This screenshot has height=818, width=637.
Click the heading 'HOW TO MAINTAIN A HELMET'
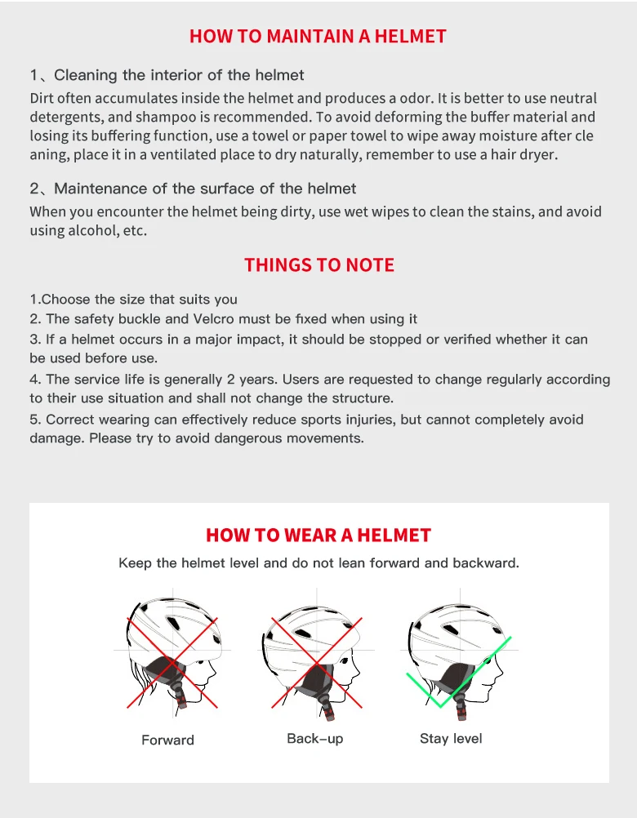click(x=318, y=36)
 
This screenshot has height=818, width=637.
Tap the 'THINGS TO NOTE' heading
click(x=319, y=265)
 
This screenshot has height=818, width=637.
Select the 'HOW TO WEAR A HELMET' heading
click(x=318, y=536)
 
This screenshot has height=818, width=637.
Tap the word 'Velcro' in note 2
click(x=214, y=318)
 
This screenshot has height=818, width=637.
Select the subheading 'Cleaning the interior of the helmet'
click(x=179, y=75)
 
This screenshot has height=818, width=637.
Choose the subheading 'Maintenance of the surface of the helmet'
click(x=205, y=189)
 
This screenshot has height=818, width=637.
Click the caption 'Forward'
click(x=167, y=740)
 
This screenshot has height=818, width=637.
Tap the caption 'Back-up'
click(x=315, y=739)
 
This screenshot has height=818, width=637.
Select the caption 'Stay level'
click(x=451, y=739)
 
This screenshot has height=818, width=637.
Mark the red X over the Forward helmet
click(x=172, y=663)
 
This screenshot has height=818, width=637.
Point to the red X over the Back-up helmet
click(x=317, y=663)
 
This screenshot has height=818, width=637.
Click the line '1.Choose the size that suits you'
click(x=134, y=300)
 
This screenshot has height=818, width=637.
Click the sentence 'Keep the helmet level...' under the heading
click(x=318, y=563)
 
